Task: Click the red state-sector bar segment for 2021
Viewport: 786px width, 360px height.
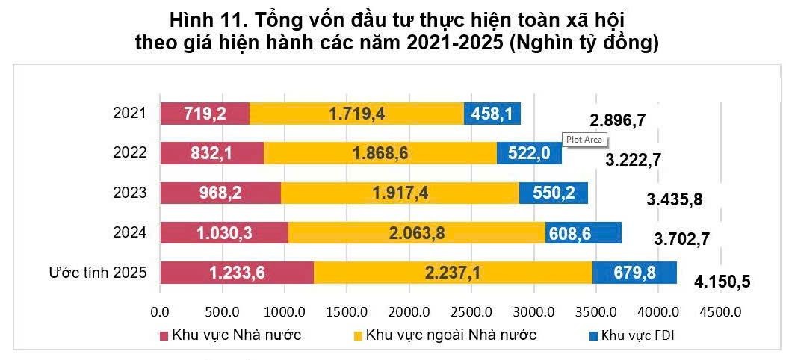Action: click(x=205, y=114)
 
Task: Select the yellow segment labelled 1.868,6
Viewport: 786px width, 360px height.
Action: click(x=380, y=153)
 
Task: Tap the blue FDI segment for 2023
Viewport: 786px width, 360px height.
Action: click(x=554, y=193)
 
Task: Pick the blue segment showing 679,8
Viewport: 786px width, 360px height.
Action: click(x=635, y=273)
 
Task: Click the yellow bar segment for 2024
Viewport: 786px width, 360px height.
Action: click(x=417, y=233)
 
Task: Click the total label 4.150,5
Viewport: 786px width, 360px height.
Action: click(x=722, y=282)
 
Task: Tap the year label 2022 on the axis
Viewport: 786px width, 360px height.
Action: click(x=129, y=154)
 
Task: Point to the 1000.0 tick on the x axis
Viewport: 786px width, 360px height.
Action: click(x=285, y=310)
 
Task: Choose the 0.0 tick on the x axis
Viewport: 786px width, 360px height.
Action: click(x=161, y=310)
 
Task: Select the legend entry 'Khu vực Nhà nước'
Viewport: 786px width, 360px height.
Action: click(x=236, y=334)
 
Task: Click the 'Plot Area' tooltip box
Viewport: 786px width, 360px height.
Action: click(x=584, y=139)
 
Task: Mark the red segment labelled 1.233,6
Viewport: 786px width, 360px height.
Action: click(x=237, y=273)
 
